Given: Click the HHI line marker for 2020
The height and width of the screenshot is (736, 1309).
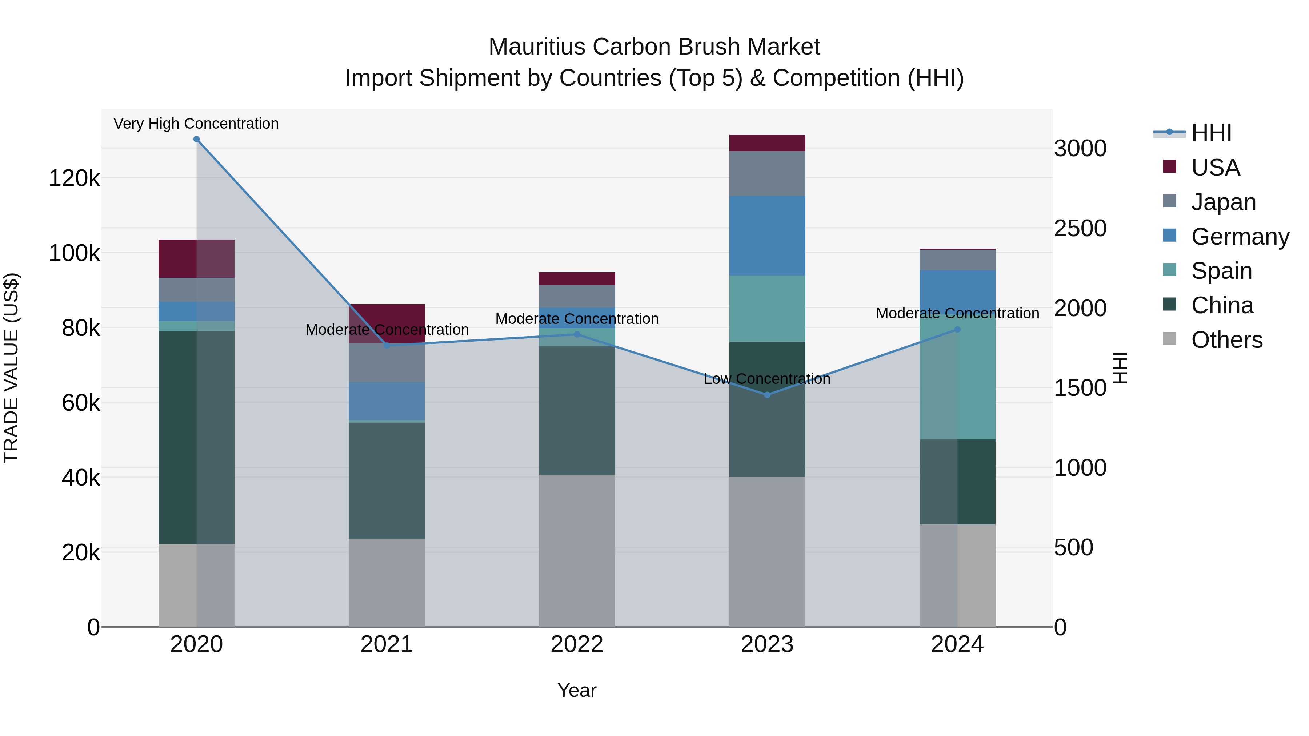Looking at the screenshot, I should [197, 139].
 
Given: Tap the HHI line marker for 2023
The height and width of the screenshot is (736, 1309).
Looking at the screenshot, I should [767, 395].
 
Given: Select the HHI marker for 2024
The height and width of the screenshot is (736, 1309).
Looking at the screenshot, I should [957, 330].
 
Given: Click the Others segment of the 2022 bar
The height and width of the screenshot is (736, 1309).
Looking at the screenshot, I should [577, 551].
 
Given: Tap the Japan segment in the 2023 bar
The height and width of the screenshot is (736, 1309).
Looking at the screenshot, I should [767, 174].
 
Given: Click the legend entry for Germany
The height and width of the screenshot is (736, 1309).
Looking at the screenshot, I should [1240, 237].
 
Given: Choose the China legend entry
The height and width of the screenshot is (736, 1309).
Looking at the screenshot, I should [1222, 306].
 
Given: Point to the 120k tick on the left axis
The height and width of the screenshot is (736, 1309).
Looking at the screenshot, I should [74, 179].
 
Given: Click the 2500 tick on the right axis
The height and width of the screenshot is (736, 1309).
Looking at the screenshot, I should [1080, 229].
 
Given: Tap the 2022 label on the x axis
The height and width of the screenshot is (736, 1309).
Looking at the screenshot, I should [577, 644].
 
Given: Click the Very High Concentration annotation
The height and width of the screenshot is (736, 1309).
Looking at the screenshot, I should [196, 124].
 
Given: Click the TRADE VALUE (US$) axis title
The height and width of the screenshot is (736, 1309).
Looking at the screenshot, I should [11, 368].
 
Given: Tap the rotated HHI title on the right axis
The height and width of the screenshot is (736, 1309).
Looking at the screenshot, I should [1120, 368].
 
